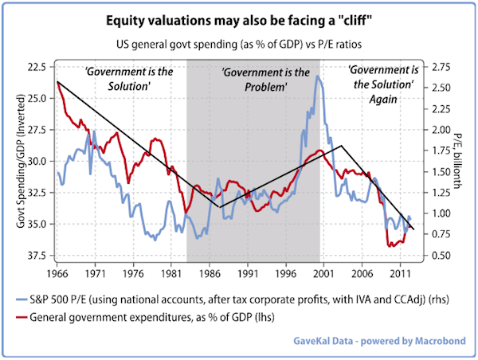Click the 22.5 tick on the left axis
point(35,66)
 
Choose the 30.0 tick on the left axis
point(35,161)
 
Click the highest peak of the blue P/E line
point(317,76)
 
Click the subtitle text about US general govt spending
point(239,39)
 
